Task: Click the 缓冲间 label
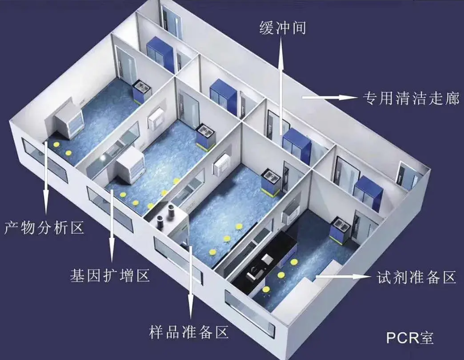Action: (282, 28)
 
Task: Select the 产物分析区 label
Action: (44, 227)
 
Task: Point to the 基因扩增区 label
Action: (110, 275)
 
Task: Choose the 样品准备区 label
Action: (189, 332)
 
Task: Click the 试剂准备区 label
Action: (416, 278)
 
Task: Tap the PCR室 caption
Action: (410, 338)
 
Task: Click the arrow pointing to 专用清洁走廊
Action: (329, 97)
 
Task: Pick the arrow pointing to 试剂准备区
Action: (343, 277)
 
